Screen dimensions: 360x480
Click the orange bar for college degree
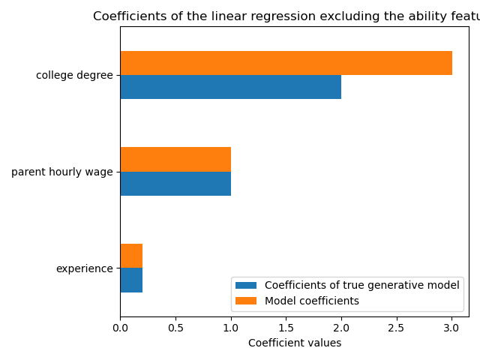click(286, 63)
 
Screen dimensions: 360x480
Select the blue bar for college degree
click(230, 87)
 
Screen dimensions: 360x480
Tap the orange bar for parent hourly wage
click(175, 159)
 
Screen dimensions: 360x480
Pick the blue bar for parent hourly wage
click(175, 184)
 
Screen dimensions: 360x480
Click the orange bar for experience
click(131, 256)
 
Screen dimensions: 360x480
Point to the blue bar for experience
click(131, 280)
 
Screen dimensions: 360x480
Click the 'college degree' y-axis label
click(74, 76)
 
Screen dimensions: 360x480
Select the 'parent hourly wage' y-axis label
click(62, 172)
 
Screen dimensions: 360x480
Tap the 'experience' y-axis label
click(85, 268)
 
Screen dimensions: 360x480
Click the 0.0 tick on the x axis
click(120, 327)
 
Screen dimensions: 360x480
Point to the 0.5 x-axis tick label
click(175, 327)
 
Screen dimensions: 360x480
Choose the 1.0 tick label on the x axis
click(230, 327)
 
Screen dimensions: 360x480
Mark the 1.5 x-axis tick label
click(286, 327)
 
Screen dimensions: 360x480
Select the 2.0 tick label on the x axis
click(341, 327)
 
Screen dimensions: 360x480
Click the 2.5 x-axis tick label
click(396, 327)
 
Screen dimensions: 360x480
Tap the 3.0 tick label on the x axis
click(451, 327)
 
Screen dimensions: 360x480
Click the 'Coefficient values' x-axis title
click(294, 343)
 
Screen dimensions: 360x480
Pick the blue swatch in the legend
click(245, 285)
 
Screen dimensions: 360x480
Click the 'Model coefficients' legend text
click(311, 301)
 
